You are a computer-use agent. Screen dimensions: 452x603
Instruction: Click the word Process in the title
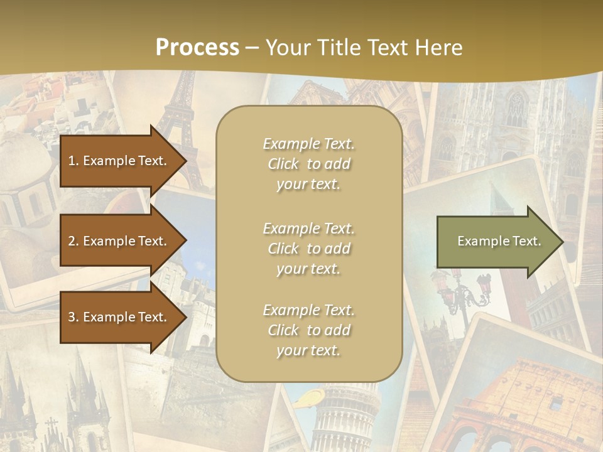coord(197,47)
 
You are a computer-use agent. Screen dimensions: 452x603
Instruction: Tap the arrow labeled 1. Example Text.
coord(119,161)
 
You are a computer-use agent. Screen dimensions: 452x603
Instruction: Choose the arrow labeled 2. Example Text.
coord(119,241)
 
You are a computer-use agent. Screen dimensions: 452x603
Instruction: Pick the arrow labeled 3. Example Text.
coord(119,317)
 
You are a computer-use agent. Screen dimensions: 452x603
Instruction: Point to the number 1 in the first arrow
coord(71,161)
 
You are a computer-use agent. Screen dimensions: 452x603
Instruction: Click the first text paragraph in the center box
coord(308,164)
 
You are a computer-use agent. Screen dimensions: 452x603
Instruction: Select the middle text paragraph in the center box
coord(308,249)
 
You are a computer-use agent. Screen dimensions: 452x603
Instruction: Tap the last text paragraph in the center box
coord(308,330)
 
